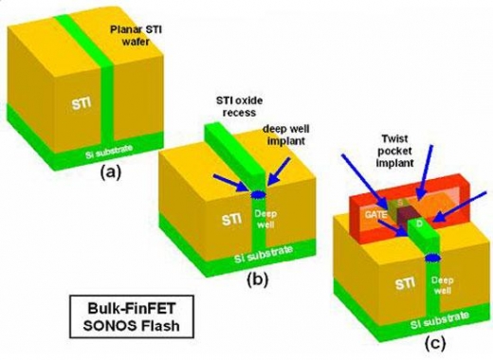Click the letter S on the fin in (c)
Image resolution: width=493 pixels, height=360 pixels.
(x=399, y=202)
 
